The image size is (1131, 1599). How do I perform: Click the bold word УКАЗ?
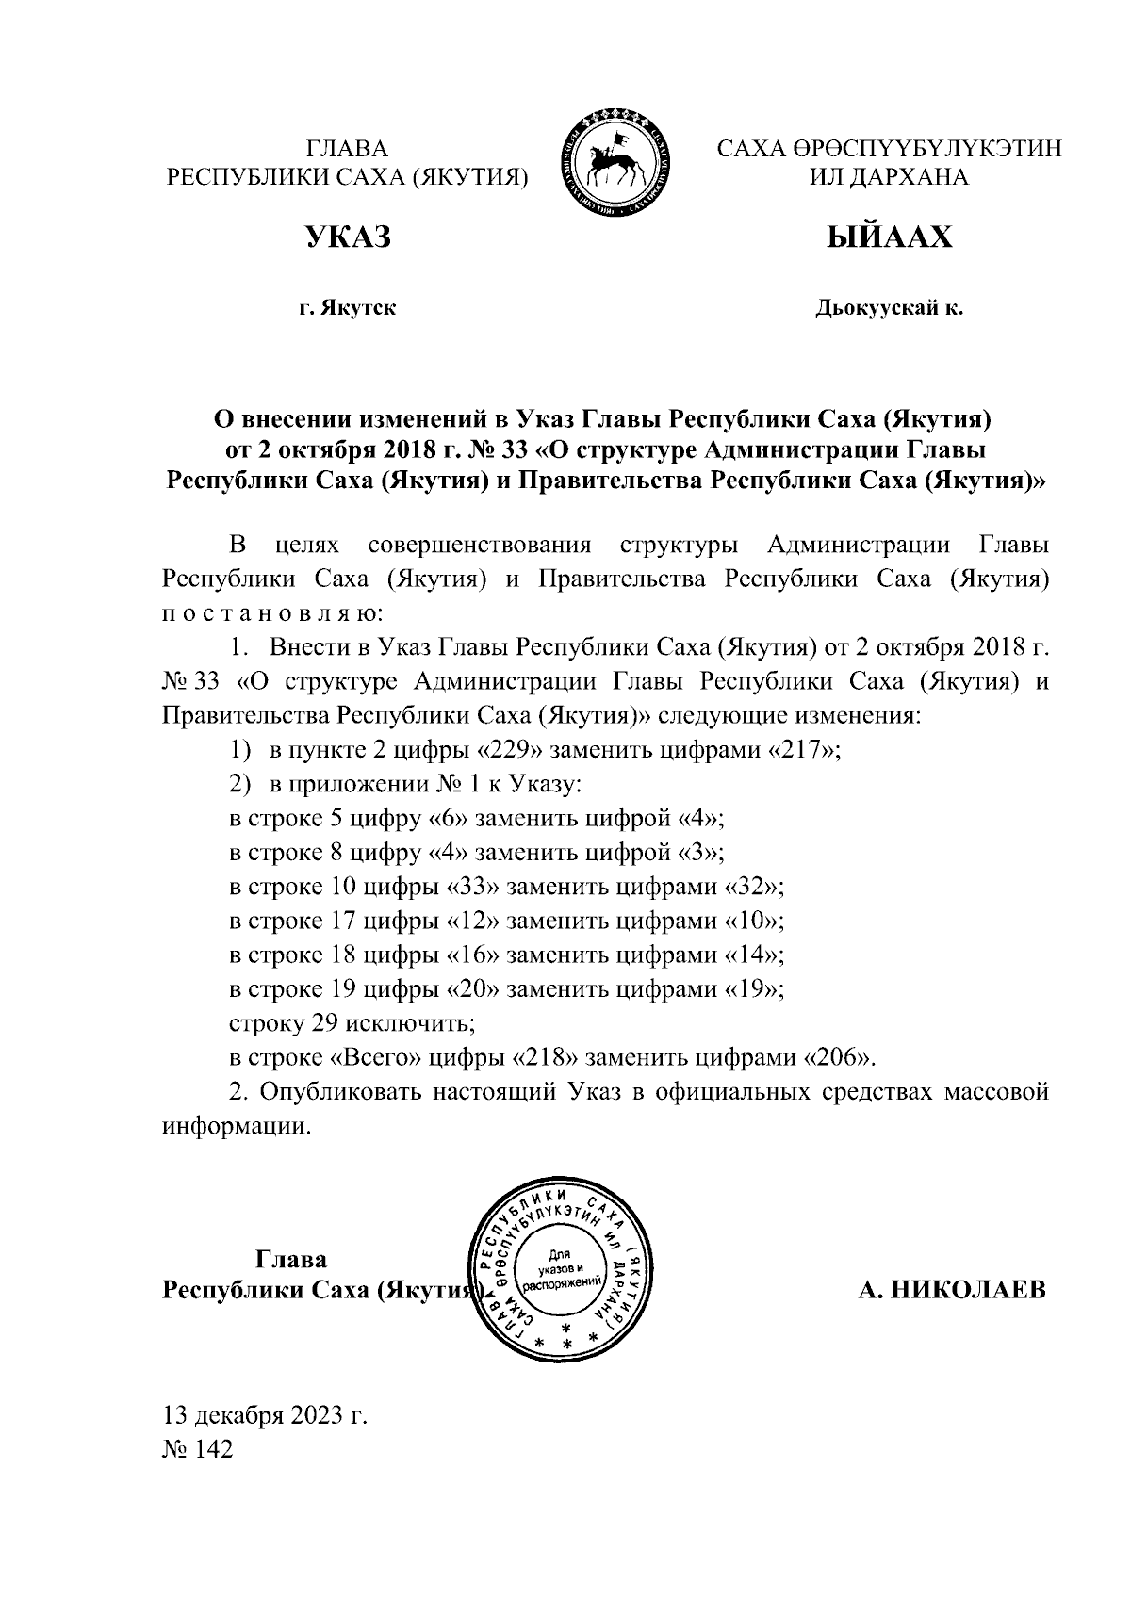pyautogui.click(x=347, y=237)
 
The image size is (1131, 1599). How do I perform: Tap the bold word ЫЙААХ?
pyautogui.click(x=889, y=237)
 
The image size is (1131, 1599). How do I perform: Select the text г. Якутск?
pyautogui.click(x=347, y=308)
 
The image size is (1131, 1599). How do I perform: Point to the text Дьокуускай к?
pyautogui.click(x=889, y=308)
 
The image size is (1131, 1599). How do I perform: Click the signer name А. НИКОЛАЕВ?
pyautogui.click(x=952, y=1290)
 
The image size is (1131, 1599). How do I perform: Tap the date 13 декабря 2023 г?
pyautogui.click(x=265, y=1415)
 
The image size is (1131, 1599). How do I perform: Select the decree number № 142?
pyautogui.click(x=198, y=1449)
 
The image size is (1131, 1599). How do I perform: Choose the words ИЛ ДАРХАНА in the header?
pyautogui.click(x=889, y=177)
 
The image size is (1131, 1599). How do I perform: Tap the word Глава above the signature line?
pyautogui.click(x=292, y=1260)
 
